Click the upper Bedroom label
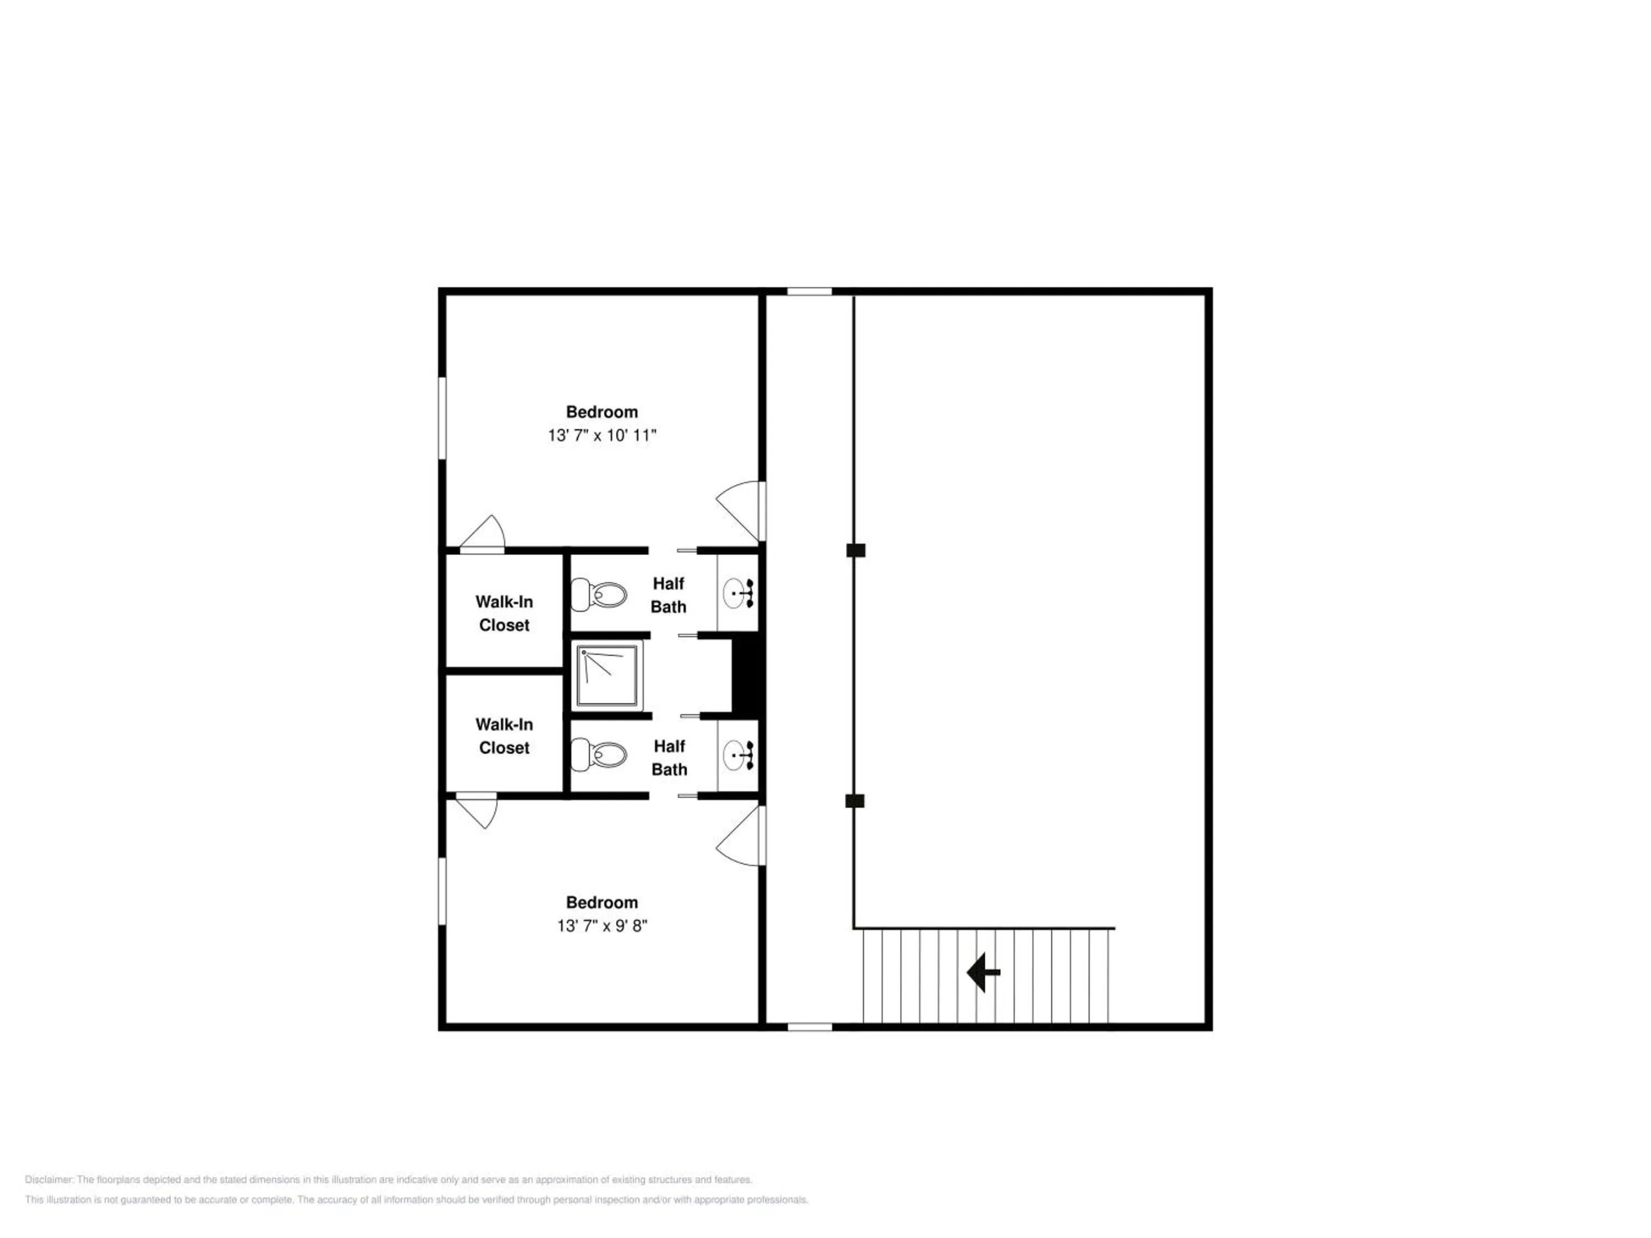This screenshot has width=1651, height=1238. pyautogui.click(x=602, y=412)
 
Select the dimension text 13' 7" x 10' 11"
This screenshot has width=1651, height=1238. pyautogui.click(x=602, y=435)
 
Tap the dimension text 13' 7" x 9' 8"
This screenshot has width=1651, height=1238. pyautogui.click(x=602, y=926)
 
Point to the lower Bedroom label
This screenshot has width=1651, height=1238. pyautogui.click(x=602, y=903)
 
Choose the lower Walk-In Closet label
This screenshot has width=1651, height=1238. pyautogui.click(x=505, y=736)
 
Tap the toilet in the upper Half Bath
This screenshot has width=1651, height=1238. pyautogui.click(x=599, y=595)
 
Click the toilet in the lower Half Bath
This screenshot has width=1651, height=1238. pyautogui.click(x=599, y=755)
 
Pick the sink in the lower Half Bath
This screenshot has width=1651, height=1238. pyautogui.click(x=738, y=755)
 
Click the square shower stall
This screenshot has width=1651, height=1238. pyautogui.click(x=608, y=676)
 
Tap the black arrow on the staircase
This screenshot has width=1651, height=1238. pyautogui.click(x=983, y=972)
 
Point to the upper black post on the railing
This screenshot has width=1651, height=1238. pyautogui.click(x=855, y=550)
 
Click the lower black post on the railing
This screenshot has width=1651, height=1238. pyautogui.click(x=855, y=801)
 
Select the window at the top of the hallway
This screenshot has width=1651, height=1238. pyautogui.click(x=810, y=291)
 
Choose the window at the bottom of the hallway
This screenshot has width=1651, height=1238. pyautogui.click(x=810, y=1027)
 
